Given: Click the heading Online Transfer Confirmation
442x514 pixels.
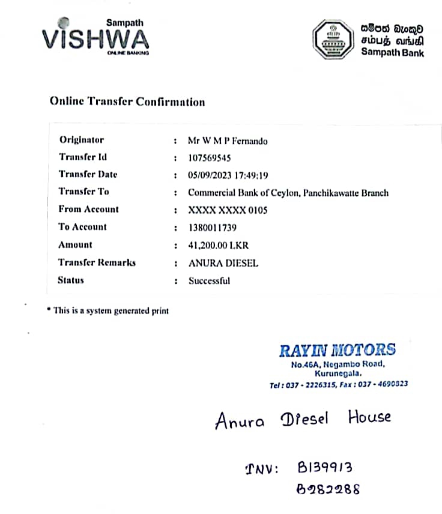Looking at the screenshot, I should pyautogui.click(x=127, y=101).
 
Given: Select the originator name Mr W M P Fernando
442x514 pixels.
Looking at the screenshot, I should pyautogui.click(x=228, y=141).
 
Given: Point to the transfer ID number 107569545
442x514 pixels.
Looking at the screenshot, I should pyautogui.click(x=210, y=159).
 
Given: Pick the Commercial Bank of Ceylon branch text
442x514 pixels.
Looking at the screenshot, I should pyautogui.click(x=288, y=193).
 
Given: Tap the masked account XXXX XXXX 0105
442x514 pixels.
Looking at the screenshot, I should pyautogui.click(x=228, y=210).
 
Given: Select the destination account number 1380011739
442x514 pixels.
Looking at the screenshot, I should pyautogui.click(x=213, y=228).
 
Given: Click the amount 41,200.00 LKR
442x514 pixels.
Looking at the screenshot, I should pyautogui.click(x=218, y=245).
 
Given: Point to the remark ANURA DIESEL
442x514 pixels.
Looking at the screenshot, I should pyautogui.click(x=223, y=263).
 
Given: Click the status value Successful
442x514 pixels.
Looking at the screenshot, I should pyautogui.click(x=209, y=280).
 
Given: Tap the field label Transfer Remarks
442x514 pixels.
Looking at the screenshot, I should pyautogui.click(x=97, y=262).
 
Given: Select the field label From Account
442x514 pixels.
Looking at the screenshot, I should pyautogui.click(x=88, y=209).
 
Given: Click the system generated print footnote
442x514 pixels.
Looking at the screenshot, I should pyautogui.click(x=109, y=310).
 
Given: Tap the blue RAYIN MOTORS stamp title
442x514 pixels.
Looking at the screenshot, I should pyautogui.click(x=338, y=350).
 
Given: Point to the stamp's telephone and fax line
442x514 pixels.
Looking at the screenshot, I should pyautogui.click(x=339, y=384).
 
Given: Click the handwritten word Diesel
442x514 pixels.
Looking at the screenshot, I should pyautogui.click(x=304, y=419).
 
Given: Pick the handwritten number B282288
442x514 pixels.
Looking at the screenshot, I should pyautogui.click(x=328, y=489).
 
